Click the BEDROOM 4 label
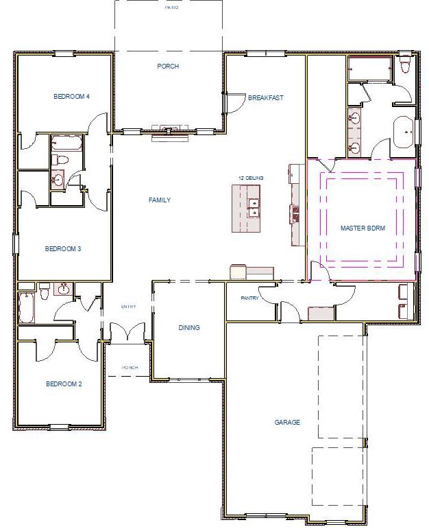tap(71, 97)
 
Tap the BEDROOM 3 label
tap(63, 248)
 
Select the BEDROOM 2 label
tap(64, 384)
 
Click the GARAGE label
tap(287, 423)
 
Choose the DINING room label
tap(189, 328)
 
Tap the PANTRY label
tap(249, 298)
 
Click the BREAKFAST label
tap(265, 98)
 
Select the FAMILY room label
tap(159, 200)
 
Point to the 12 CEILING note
tap(250, 178)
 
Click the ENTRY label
tap(129, 307)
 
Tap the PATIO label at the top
tap(171, 8)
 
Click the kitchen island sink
tap(254, 208)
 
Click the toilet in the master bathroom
tap(404, 65)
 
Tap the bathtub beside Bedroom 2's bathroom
tap(25, 307)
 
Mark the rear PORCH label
tap(168, 67)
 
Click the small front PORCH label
tap(130, 368)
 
